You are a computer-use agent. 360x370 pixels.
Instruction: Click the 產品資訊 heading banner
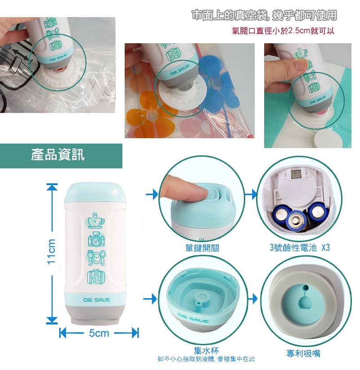(x=61, y=156)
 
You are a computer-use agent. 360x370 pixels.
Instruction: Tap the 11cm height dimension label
(x=51, y=252)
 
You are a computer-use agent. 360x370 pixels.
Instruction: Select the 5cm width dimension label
(x=99, y=333)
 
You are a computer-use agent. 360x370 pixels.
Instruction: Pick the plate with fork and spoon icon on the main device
(x=96, y=257)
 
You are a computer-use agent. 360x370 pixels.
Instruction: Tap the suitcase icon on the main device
(x=96, y=277)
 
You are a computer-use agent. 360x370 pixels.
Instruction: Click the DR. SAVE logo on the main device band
(x=97, y=300)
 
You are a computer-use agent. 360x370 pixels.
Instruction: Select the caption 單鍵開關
(x=202, y=248)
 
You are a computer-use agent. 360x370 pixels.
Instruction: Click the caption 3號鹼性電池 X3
(x=300, y=248)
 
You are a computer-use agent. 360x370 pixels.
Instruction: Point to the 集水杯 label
(x=206, y=350)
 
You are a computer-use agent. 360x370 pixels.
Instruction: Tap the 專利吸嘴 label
(x=303, y=353)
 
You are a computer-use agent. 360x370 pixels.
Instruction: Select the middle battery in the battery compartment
(x=295, y=221)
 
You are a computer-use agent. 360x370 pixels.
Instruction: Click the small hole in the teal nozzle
(x=306, y=288)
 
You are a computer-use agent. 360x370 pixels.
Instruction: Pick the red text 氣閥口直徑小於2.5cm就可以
(x=283, y=31)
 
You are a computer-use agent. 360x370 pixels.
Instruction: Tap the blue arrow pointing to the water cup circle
(x=150, y=299)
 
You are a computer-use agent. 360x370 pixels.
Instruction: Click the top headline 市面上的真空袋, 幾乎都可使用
(x=264, y=15)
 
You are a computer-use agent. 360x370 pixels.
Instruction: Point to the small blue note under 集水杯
(x=206, y=359)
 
